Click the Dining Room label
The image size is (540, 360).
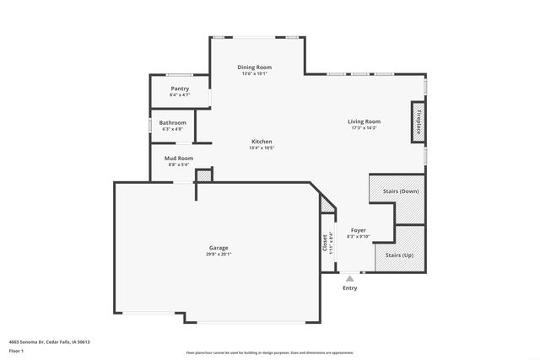click(x=253, y=67)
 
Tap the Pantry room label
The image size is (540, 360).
click(x=180, y=89)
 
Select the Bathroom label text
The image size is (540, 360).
click(x=172, y=122)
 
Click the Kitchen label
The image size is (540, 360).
click(x=262, y=141)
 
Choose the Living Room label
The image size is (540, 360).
click(x=364, y=121)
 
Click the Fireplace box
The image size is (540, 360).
click(x=417, y=121)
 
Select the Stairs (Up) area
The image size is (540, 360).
click(x=399, y=254)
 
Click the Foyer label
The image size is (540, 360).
click(x=359, y=229)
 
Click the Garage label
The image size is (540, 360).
click(x=219, y=247)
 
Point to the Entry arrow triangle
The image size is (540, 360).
click(x=349, y=277)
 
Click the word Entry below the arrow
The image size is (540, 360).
click(x=349, y=288)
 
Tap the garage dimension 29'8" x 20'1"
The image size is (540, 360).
click(x=219, y=254)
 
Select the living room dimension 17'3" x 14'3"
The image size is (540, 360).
click(x=364, y=128)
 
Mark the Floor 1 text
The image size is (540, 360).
click(x=16, y=350)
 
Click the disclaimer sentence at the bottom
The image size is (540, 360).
click(x=269, y=353)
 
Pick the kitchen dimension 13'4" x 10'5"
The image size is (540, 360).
click(x=262, y=148)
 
